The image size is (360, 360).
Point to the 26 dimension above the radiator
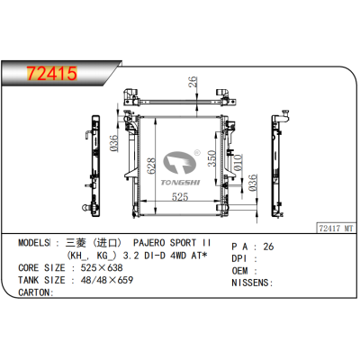(x=192, y=85)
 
